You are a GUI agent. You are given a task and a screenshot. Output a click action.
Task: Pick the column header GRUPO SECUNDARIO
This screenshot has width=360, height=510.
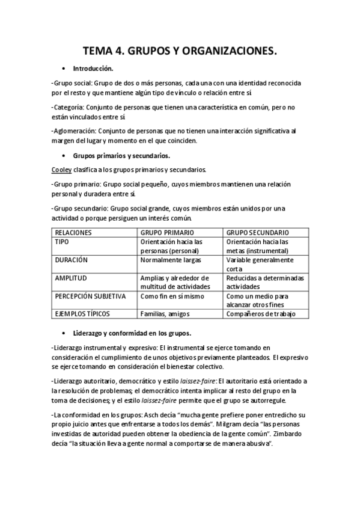(x=257, y=232)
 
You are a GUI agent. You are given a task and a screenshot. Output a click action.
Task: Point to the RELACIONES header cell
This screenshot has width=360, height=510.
(x=73, y=232)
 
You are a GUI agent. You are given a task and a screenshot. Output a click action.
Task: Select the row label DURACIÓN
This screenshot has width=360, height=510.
(x=71, y=260)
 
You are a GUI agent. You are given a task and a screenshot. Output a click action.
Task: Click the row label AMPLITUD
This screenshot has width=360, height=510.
(x=71, y=278)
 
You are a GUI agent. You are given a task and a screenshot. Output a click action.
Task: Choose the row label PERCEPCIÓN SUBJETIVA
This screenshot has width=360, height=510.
(x=90, y=296)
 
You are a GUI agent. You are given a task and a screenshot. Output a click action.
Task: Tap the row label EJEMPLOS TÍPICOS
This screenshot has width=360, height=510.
(x=82, y=314)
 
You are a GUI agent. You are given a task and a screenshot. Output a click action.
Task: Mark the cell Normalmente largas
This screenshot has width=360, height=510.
(x=169, y=260)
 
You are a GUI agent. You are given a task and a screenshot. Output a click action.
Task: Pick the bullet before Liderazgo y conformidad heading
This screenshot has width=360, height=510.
(x=64, y=333)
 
